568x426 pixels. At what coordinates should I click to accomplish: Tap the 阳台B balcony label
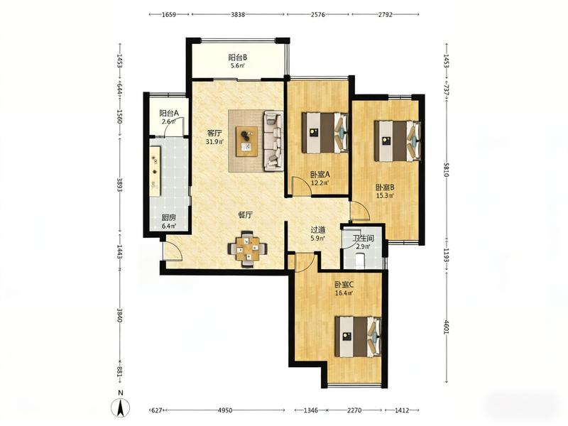(238, 58)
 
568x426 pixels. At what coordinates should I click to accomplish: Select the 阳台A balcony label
(169, 113)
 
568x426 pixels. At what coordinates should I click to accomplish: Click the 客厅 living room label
(214, 133)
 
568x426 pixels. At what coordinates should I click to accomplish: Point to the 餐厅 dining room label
(245, 215)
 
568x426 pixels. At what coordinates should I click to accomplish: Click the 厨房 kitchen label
(169, 218)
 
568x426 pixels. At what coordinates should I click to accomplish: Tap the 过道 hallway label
(318, 229)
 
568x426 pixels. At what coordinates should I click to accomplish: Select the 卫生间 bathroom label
(364, 239)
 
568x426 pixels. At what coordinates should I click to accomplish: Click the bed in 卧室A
(325, 133)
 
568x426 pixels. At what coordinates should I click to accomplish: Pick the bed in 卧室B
(398, 141)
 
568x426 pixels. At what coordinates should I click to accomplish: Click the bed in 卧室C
(358, 337)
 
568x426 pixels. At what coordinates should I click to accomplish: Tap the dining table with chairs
(248, 249)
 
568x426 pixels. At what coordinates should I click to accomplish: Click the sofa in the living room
(273, 141)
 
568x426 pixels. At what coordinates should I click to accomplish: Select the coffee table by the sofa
(246, 141)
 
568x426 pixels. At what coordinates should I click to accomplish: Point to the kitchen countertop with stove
(155, 171)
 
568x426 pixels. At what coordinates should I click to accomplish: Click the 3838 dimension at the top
(238, 15)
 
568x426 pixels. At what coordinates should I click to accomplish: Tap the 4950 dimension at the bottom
(224, 410)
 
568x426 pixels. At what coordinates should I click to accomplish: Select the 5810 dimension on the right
(446, 169)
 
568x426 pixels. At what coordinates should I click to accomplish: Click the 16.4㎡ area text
(344, 293)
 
